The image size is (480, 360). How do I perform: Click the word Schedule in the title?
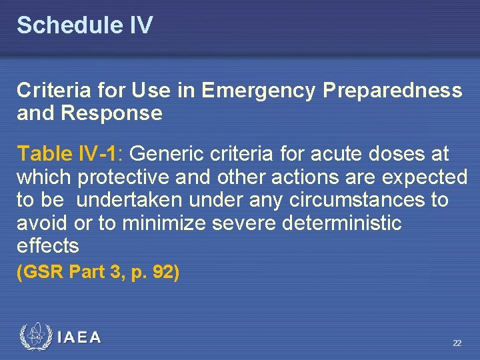tap(65, 26)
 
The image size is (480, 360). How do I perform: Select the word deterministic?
tap(342, 223)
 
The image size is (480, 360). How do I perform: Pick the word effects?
tap(47, 245)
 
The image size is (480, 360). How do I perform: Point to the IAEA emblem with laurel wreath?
tap(35, 337)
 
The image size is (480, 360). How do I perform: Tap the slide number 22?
tap(457, 343)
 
